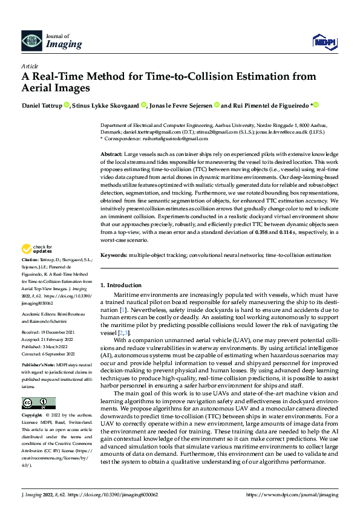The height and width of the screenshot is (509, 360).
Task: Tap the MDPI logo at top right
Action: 324,41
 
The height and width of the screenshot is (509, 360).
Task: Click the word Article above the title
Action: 29,66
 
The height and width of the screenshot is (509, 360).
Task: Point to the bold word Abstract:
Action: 111,155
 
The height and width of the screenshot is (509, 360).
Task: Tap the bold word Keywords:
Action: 114,256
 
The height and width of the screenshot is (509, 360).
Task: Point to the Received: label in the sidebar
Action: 31,332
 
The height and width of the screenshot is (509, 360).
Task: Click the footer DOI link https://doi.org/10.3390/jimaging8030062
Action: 114,494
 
